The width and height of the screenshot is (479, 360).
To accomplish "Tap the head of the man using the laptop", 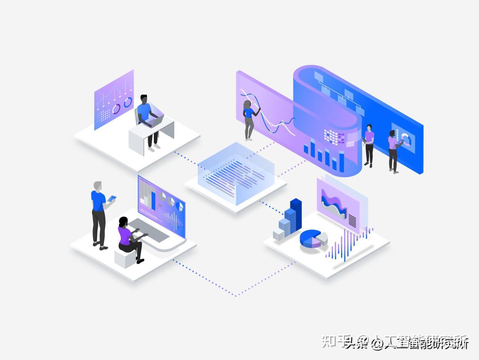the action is click(144, 99).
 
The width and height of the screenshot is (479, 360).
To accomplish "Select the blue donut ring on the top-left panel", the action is click(128, 102).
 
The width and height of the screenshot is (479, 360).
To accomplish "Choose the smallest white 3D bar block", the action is click(279, 235).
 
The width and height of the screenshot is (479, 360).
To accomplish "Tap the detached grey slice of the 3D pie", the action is click(322, 237).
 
